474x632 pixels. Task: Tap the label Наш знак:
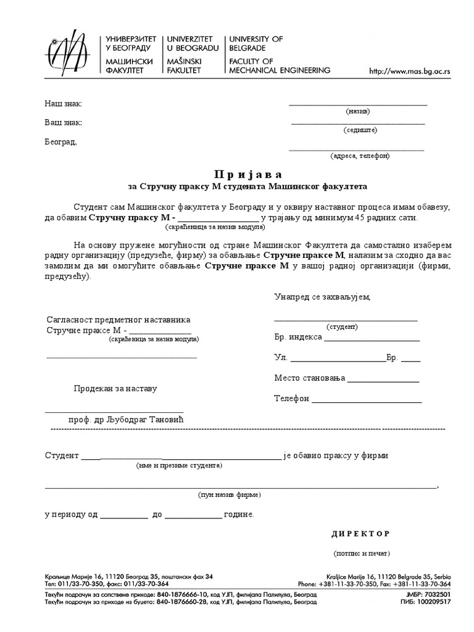(63, 103)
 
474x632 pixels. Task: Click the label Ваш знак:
(63, 122)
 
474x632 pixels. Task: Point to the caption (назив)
(357, 112)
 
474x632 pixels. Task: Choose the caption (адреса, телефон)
(360, 156)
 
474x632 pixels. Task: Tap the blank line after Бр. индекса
(372, 338)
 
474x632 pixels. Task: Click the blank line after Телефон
(367, 399)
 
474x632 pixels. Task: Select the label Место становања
(309, 378)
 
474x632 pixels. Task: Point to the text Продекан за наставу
(115, 389)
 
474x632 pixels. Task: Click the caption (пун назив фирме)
(229, 495)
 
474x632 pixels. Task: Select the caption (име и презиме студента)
(179, 466)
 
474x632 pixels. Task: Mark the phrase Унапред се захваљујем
(322, 297)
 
